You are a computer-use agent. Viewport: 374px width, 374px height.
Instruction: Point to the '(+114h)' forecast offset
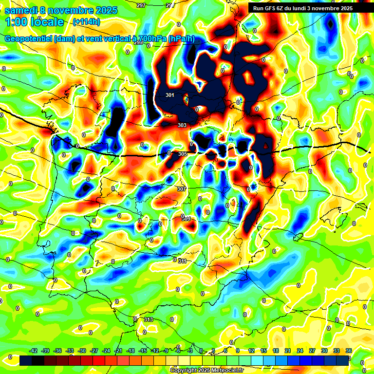pos(86,21)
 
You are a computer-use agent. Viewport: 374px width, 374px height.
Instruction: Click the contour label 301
pos(170,95)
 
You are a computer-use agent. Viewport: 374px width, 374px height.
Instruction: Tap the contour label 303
pos(182,125)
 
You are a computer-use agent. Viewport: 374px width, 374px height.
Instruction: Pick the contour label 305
pos(183,154)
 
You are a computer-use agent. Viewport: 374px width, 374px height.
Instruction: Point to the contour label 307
pos(181,188)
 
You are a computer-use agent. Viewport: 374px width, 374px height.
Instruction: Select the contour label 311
pos(182,261)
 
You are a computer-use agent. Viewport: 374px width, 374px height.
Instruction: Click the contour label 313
pos(149,319)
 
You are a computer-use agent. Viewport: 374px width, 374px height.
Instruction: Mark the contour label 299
pos(138,43)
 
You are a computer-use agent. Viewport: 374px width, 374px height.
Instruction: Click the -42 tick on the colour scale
pos(34,351)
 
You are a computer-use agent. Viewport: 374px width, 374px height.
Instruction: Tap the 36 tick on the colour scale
pos(349,351)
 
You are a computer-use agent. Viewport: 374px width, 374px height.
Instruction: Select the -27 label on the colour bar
pos(94,351)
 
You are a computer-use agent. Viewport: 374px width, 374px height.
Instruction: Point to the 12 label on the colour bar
pos(251,351)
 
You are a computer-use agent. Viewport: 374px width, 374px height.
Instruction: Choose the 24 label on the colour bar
pos(300,351)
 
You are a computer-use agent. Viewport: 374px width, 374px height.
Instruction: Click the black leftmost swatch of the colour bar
pos(26,360)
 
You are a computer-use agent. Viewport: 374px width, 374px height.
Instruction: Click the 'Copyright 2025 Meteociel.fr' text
pos(206,370)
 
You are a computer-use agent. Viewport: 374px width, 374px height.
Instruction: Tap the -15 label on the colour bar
pos(143,351)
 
